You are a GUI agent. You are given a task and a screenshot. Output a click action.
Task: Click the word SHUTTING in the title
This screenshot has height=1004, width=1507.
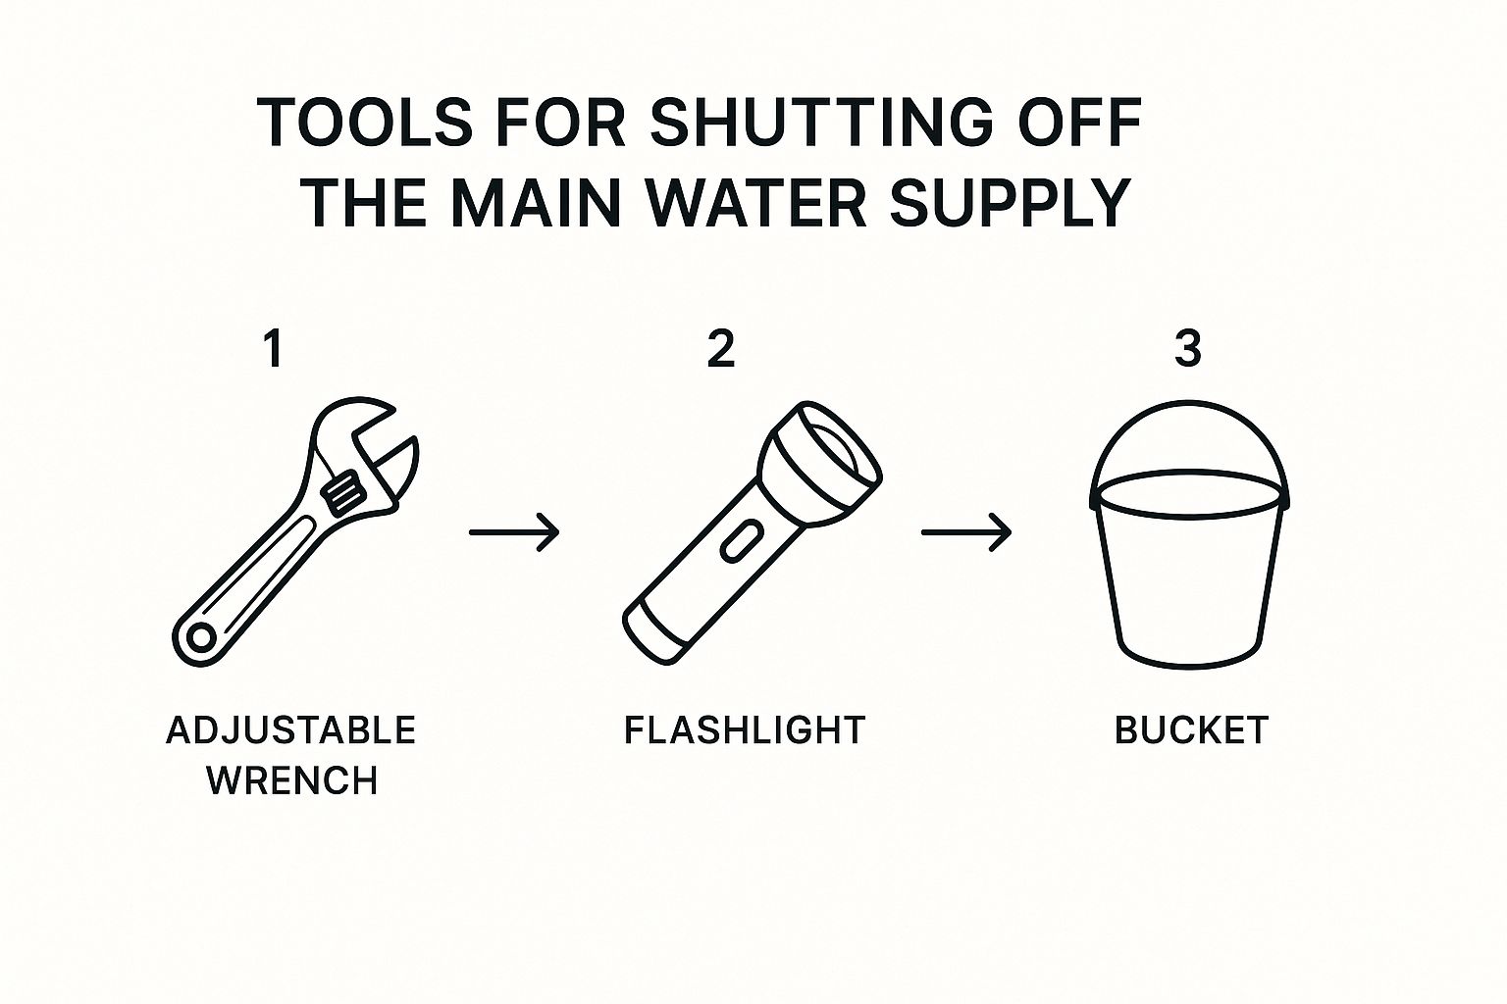click(821, 122)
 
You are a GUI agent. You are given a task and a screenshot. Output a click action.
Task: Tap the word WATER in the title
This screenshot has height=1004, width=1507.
click(755, 202)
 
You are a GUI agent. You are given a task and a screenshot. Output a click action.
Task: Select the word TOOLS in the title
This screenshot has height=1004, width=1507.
click(364, 122)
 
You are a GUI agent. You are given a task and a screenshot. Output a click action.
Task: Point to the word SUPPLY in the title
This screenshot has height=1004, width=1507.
click(1010, 202)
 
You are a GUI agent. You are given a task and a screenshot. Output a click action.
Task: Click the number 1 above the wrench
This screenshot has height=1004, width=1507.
click(273, 350)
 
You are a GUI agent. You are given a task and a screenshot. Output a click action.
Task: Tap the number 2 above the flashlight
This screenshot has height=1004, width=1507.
click(721, 350)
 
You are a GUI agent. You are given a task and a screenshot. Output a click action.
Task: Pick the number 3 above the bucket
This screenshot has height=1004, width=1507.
click(1188, 350)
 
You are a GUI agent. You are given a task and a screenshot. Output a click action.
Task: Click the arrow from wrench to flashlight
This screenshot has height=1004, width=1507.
click(514, 532)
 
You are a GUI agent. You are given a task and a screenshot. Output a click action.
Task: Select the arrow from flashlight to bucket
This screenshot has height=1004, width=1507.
click(966, 532)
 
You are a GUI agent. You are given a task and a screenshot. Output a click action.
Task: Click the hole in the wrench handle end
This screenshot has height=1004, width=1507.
click(201, 638)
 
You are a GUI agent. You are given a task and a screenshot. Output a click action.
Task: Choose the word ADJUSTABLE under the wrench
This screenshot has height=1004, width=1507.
click(290, 730)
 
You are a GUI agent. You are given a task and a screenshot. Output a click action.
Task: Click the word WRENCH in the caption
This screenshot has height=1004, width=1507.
click(292, 781)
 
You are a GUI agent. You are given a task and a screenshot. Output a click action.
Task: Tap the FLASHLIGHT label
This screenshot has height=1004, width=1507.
click(744, 730)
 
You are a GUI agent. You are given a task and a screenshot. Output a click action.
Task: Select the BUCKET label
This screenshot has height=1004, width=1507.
click(1191, 730)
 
